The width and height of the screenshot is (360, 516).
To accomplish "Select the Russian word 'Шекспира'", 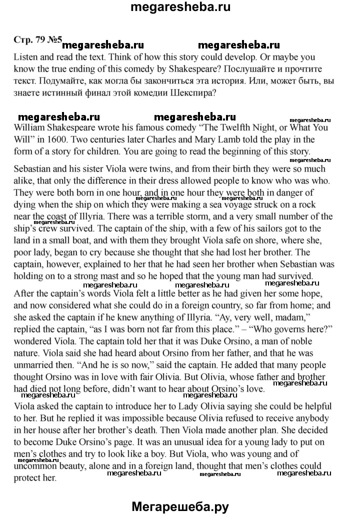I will (192, 92).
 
